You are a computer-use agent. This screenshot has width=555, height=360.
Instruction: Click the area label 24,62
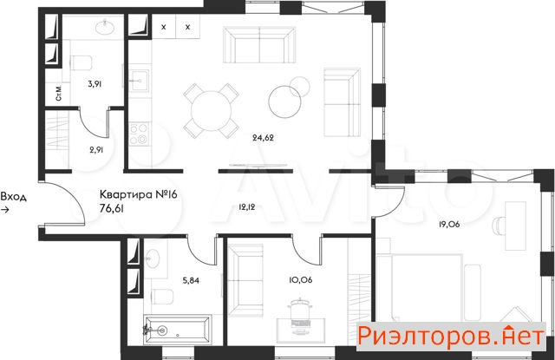[263, 137]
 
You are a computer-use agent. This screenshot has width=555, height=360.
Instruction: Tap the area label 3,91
[95, 84]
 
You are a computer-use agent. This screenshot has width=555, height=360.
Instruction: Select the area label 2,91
[96, 150]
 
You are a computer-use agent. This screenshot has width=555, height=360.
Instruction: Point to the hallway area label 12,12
[246, 207]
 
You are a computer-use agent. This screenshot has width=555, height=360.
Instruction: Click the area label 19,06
[449, 224]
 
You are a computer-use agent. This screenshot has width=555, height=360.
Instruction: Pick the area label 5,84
[191, 281]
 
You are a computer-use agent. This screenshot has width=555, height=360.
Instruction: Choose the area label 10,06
[301, 280]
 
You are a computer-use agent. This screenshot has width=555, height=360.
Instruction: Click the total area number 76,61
[112, 209]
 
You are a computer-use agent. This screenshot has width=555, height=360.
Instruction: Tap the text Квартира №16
[138, 194]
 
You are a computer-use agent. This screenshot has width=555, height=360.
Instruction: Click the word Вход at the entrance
[14, 196]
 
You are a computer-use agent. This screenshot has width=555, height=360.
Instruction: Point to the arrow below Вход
[5, 210]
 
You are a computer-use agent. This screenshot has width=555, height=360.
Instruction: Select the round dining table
[211, 110]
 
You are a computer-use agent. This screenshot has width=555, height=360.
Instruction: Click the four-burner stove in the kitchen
[139, 134]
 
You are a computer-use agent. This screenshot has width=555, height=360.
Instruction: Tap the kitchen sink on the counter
[139, 81]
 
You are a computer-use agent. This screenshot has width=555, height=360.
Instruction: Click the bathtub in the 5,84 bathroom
[177, 330]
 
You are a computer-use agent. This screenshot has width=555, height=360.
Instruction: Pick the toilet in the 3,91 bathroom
[82, 63]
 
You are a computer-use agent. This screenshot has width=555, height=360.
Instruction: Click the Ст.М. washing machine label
[59, 93]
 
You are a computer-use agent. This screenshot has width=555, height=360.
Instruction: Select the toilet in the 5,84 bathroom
[162, 297]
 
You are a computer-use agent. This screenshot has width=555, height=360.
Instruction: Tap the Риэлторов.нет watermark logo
[450, 336]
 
